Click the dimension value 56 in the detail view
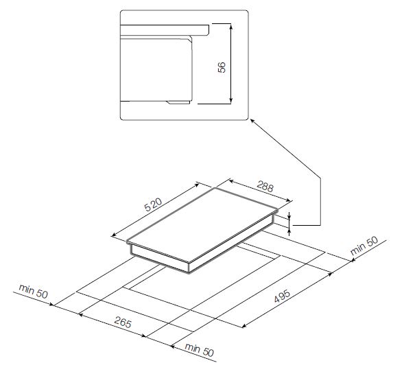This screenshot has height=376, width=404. (x=222, y=67)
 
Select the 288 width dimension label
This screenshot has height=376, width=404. (x=265, y=187)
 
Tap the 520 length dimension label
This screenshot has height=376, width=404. (x=153, y=204)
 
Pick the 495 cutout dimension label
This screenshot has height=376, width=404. (x=282, y=296)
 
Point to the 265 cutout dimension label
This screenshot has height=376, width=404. (x=123, y=322)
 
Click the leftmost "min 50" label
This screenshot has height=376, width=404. (x=34, y=291)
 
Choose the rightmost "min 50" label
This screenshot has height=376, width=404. (x=364, y=246)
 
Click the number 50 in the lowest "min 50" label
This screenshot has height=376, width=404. (x=209, y=352)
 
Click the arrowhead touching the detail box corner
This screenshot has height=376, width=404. (x=252, y=121)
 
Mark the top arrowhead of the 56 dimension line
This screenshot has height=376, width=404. (x=231, y=25)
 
